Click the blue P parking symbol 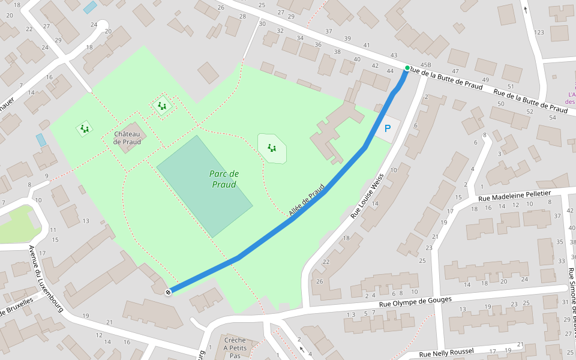pos(387,128)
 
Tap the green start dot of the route pos(407,68)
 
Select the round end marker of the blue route pos(168,292)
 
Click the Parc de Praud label pos(224,179)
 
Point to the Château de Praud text pos(127,137)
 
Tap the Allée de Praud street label pos(306,200)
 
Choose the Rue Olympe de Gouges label pos(415,302)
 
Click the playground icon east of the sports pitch pos(272,148)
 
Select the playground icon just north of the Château pos(161,106)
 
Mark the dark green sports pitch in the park pos(204,185)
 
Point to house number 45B pos(426,65)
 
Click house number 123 pos(539,32)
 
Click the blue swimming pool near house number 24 pos(90,7)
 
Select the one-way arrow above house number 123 pos(526,9)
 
